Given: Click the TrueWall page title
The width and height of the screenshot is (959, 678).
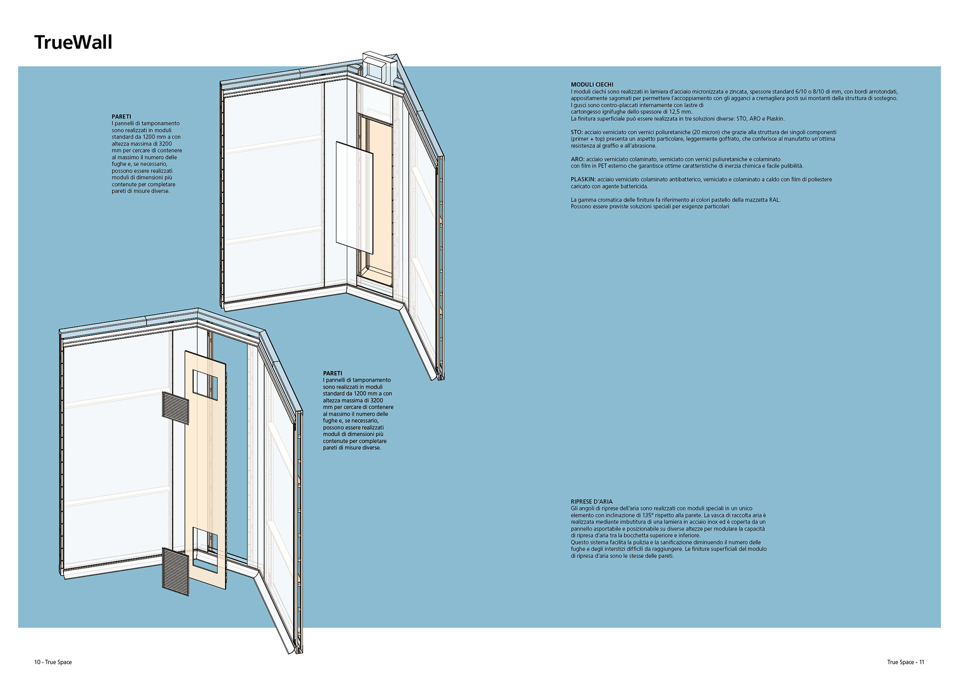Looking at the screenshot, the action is pos(73,42).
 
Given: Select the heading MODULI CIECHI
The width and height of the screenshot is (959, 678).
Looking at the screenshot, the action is pos(592,85).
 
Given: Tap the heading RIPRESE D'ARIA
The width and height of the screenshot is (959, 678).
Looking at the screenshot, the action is pos(591,501).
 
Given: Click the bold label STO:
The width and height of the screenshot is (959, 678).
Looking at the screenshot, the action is pos(577,132).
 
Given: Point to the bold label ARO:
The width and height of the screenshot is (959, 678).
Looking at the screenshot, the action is pos(577,159).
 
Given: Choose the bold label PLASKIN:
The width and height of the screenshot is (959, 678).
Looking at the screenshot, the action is pos(583,179).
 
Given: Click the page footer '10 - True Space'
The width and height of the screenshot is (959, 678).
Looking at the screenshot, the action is pos(53,662).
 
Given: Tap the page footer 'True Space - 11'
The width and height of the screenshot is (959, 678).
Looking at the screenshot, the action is pos(906,662).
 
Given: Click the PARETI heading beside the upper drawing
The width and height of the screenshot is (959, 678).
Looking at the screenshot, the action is pos(121,116).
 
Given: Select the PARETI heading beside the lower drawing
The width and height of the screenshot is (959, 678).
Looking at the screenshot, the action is pos(333,373).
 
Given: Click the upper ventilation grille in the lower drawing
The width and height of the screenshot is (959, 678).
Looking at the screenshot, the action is pos(175,408).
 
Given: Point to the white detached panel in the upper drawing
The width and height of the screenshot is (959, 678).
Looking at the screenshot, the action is pos(354,197).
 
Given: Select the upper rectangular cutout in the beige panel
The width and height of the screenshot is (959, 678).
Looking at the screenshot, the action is pos(205,384).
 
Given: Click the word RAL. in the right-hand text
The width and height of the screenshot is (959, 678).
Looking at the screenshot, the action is pos(774,200).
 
